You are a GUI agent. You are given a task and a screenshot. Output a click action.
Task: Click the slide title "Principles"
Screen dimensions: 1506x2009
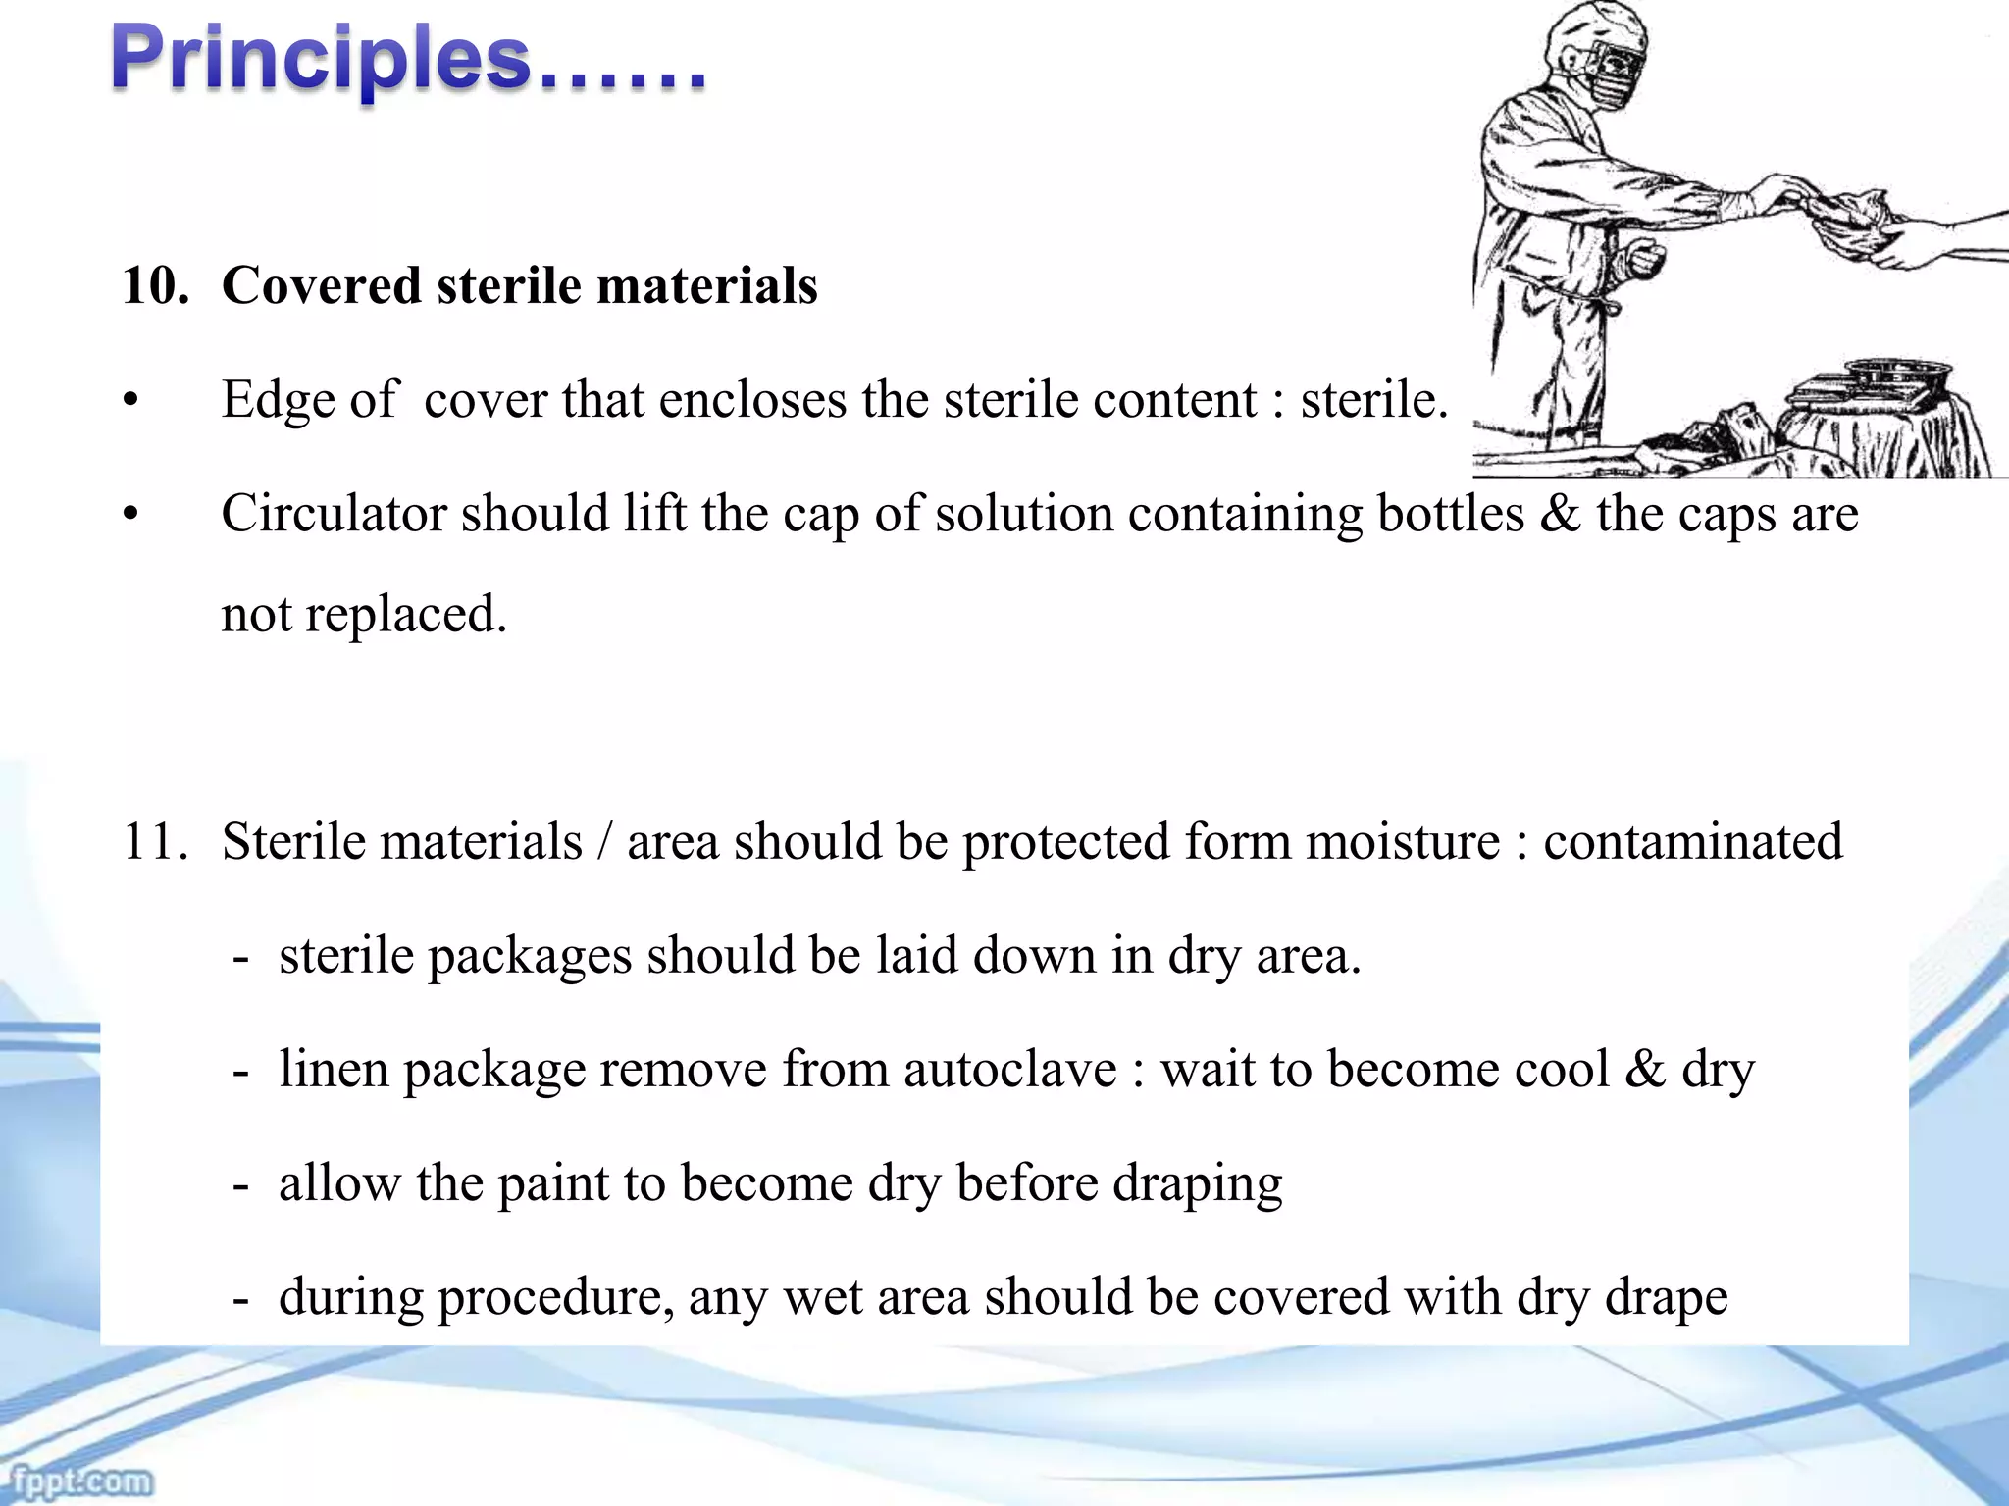(x=408, y=61)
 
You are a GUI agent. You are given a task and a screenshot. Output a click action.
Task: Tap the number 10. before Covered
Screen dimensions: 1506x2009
(x=156, y=286)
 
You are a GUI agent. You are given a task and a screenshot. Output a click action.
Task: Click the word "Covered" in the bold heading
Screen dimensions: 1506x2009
(x=322, y=286)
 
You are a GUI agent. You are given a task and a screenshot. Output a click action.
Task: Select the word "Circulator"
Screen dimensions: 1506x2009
(x=334, y=514)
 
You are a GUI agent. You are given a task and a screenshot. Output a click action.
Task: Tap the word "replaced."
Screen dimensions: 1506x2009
(x=406, y=615)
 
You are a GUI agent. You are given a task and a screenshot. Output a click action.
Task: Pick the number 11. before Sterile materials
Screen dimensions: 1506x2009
(x=156, y=842)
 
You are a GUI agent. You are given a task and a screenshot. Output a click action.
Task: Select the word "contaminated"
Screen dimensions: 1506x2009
(x=1693, y=842)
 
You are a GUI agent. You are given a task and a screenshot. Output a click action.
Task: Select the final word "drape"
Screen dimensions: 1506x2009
(x=1667, y=1298)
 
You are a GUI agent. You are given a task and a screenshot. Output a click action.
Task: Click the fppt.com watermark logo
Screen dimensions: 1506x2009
(x=82, y=1481)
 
